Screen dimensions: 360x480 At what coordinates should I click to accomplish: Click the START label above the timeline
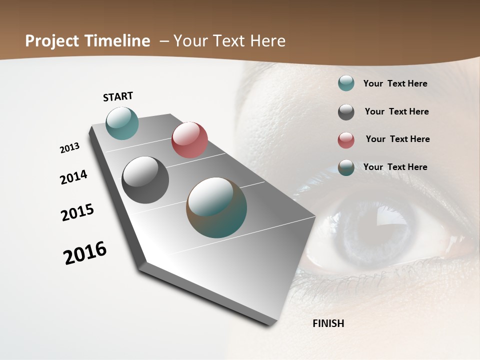[118, 96]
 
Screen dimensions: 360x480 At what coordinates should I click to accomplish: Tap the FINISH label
[328, 323]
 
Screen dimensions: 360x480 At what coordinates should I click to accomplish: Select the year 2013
[69, 148]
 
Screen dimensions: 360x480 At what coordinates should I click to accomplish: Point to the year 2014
[73, 177]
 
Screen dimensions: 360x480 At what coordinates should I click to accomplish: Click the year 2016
[85, 252]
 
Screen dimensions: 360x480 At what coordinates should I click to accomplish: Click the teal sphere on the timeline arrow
[122, 123]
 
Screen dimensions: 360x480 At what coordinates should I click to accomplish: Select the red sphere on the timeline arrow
[189, 140]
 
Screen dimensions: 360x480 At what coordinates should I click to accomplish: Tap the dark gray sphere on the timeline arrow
[145, 180]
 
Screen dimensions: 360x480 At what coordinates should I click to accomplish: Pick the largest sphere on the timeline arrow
[216, 207]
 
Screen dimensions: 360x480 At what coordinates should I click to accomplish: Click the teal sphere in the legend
[346, 83]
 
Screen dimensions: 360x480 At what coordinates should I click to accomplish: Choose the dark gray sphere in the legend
[346, 112]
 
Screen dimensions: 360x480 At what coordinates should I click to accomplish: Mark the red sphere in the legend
[346, 140]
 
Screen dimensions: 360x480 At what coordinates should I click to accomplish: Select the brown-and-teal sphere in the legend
[346, 167]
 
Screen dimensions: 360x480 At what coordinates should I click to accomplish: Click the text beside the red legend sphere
[397, 139]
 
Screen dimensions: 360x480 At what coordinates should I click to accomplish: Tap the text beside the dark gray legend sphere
[396, 111]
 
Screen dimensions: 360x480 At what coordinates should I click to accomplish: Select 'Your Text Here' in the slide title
[229, 41]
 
